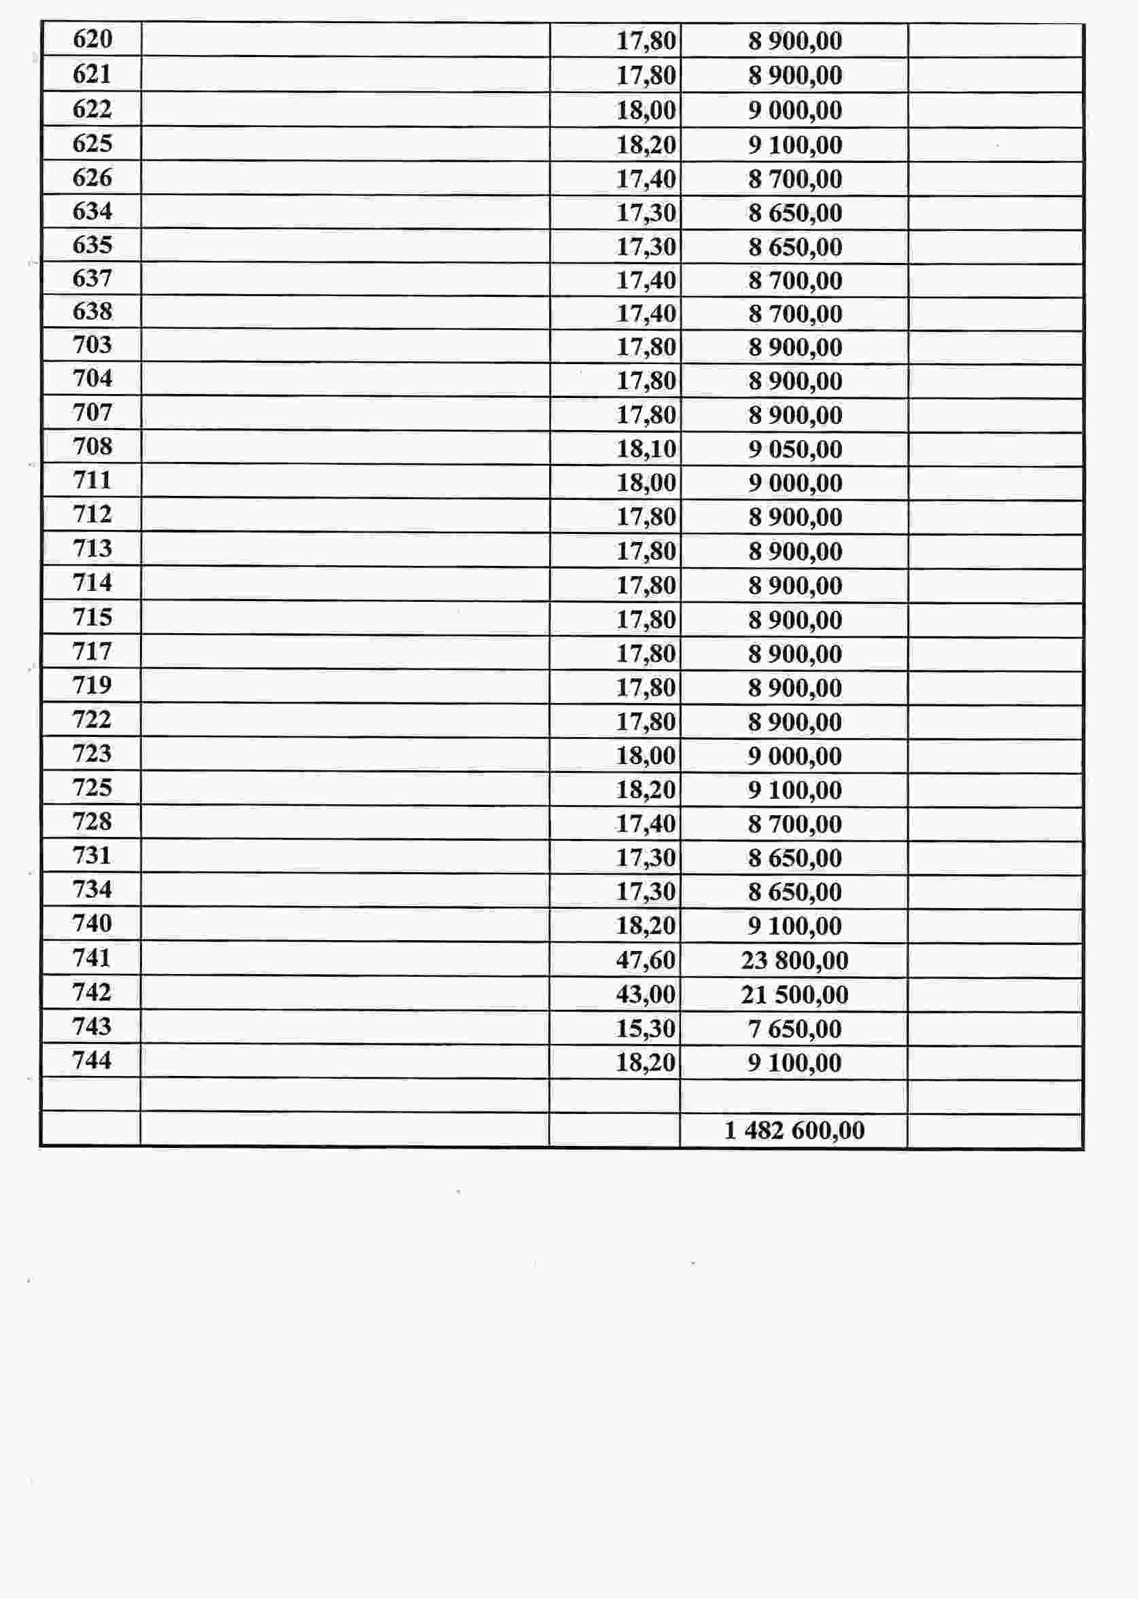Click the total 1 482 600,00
pos(794,1130)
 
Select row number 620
pos(92,39)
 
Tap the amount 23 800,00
pos(794,960)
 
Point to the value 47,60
pos(645,960)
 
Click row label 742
pos(92,992)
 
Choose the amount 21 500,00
pos(794,994)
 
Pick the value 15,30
pos(645,1028)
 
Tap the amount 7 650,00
pos(794,1028)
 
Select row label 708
pos(92,446)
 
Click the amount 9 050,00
pos(794,448)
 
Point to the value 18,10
pos(645,448)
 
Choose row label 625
pos(92,143)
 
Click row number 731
pos(92,855)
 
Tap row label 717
pos(92,651)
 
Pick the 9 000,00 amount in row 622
pos(794,110)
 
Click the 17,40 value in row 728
pos(645,824)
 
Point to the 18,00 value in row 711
pos(645,482)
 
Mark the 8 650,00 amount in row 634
pos(794,213)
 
